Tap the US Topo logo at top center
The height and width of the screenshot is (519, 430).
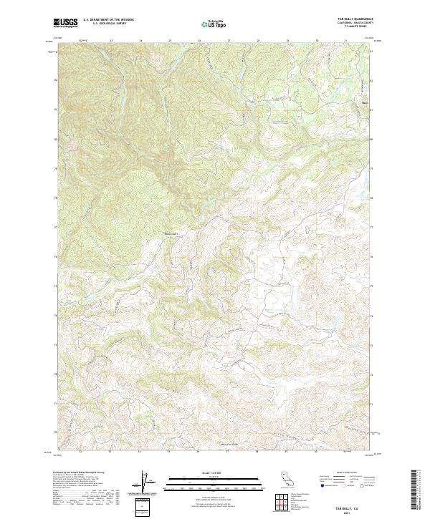[214, 24]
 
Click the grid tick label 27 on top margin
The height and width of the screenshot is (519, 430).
[228, 41]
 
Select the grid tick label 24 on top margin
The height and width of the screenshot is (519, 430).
[140, 41]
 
